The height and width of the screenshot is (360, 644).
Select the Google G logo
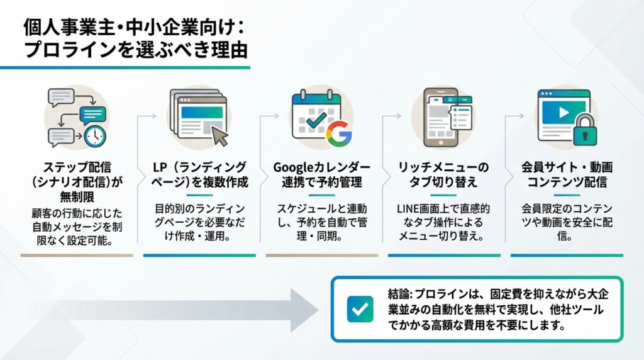(x=339, y=133)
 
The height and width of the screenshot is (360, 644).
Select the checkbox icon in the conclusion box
(x=360, y=308)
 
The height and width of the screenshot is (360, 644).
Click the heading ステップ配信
(x=77, y=168)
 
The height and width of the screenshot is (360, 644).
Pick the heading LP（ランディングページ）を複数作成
(x=199, y=175)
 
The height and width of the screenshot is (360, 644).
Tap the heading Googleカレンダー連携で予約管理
(x=321, y=175)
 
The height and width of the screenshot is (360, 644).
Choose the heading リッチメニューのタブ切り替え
(x=443, y=175)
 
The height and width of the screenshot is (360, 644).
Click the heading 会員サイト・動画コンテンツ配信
(x=567, y=175)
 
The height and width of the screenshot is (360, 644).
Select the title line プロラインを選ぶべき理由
(x=135, y=50)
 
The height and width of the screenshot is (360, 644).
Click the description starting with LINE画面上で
(x=443, y=222)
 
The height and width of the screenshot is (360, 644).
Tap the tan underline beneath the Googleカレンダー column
(x=321, y=256)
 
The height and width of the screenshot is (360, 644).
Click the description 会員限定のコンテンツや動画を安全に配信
(x=567, y=222)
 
